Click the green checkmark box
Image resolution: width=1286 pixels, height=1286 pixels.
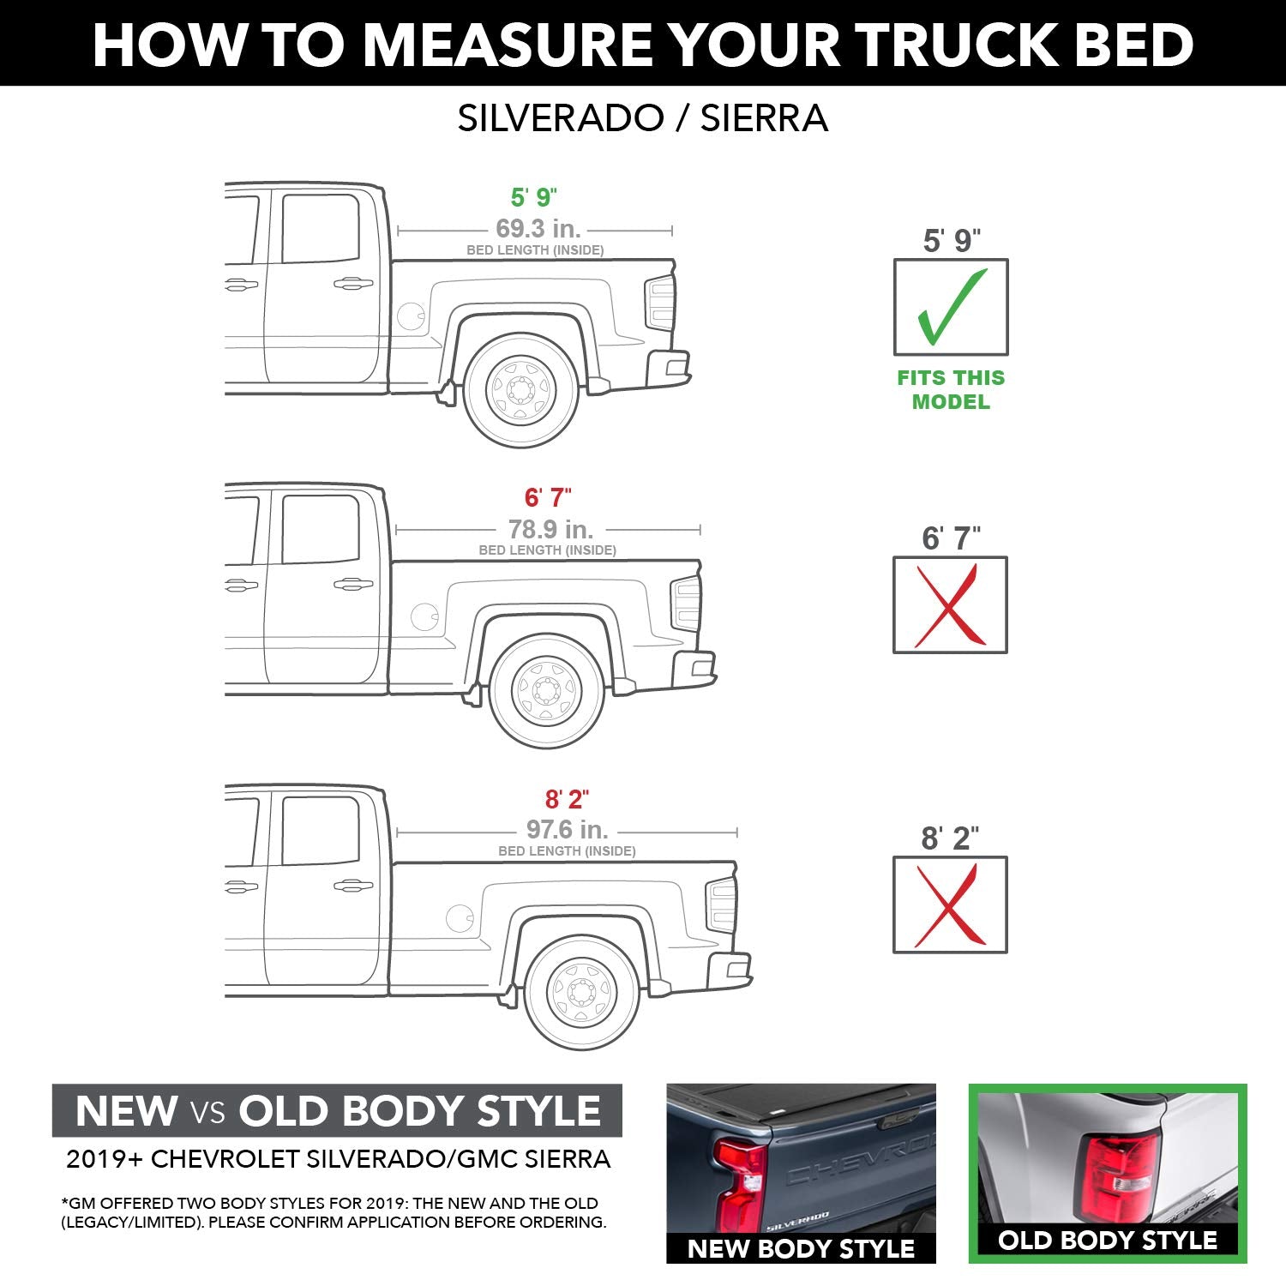coord(951,307)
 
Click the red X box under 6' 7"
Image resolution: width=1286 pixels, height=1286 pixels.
coord(950,605)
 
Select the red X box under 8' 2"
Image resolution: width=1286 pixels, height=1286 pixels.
coord(950,904)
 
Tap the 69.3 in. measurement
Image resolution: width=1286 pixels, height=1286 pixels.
coord(538,229)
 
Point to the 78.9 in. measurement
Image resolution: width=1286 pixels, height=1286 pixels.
coord(550,529)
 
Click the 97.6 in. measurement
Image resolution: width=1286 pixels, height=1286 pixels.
coord(567,830)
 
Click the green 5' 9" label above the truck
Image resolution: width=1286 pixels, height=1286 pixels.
coord(533,197)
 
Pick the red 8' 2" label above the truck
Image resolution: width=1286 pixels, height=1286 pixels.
coord(567,799)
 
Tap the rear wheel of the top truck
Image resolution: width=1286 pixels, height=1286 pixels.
coord(520,391)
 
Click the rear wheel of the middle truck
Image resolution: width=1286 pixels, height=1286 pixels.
coord(548,690)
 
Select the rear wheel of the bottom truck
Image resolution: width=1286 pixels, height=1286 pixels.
coord(582,992)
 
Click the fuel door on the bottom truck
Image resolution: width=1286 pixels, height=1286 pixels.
coord(460,918)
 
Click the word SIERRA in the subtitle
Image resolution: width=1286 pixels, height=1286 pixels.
coord(764,118)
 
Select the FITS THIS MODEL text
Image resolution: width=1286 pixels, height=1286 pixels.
coord(951,389)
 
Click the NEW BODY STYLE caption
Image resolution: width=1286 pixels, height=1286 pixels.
coord(801,1248)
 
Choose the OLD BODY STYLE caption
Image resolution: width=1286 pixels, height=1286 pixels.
coord(1108,1240)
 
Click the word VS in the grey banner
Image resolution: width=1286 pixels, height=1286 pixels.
coord(207,1112)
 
